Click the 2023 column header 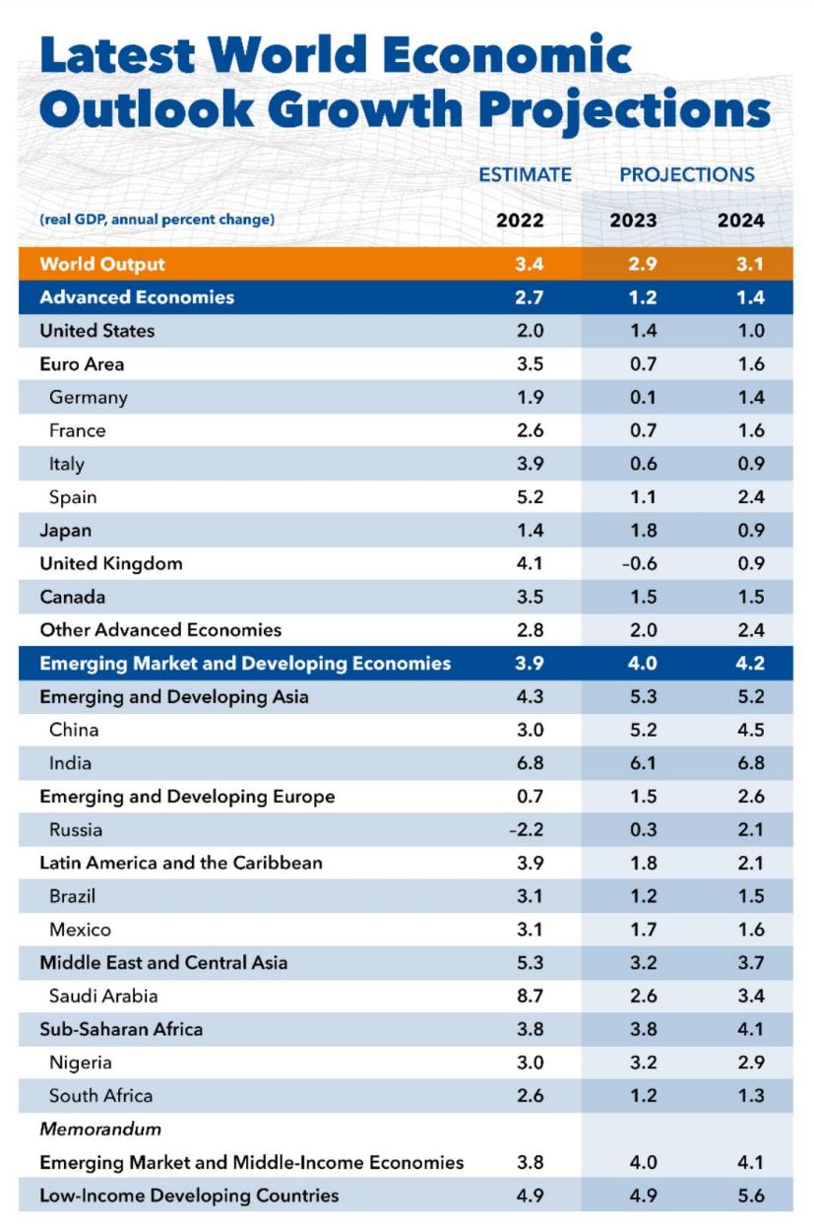(633, 220)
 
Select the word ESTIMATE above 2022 (525, 174)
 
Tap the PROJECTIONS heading (687, 174)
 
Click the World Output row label (102, 264)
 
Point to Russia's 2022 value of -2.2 (526, 830)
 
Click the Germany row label (89, 398)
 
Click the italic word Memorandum (100, 1128)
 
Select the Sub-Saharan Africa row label (121, 1029)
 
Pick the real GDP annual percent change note (157, 220)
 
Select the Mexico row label (80, 930)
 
